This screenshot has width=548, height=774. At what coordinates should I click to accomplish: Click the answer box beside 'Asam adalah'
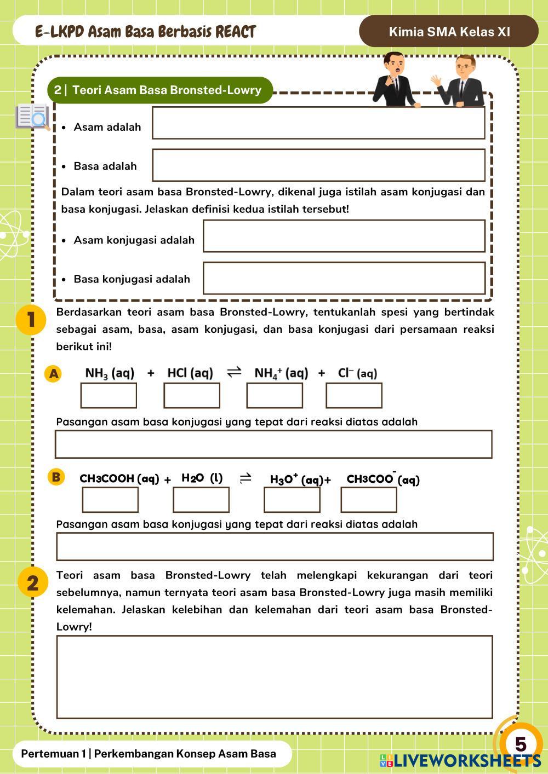click(318, 123)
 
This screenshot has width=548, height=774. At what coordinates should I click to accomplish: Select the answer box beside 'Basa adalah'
click(318, 165)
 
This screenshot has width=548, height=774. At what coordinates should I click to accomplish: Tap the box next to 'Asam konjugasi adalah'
click(344, 236)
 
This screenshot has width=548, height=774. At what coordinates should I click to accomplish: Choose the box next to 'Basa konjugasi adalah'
click(344, 278)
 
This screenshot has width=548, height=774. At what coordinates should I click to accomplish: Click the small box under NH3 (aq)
click(109, 396)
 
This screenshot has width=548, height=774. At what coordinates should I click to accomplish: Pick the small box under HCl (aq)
click(192, 396)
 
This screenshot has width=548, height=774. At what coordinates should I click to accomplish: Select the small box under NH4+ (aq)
click(275, 396)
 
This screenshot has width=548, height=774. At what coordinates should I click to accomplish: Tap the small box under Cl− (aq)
click(354, 396)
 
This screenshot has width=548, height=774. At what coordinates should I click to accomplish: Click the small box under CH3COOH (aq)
click(110, 500)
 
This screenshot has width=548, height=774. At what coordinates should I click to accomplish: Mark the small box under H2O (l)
click(201, 500)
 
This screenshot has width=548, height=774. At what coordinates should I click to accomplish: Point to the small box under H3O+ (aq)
click(292, 500)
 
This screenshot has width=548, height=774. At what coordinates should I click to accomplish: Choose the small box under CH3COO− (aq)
click(369, 500)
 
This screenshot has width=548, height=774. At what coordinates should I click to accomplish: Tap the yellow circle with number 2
click(32, 582)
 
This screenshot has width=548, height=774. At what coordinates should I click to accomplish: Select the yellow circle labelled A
click(53, 374)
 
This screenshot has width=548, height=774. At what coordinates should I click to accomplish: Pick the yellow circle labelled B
click(55, 477)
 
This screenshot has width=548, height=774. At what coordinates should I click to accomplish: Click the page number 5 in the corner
click(520, 744)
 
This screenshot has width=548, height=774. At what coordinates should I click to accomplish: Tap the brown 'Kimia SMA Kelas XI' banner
click(449, 31)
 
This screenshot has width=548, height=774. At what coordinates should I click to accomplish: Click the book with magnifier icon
click(33, 117)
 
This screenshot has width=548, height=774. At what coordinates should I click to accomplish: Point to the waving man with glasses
click(461, 82)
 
